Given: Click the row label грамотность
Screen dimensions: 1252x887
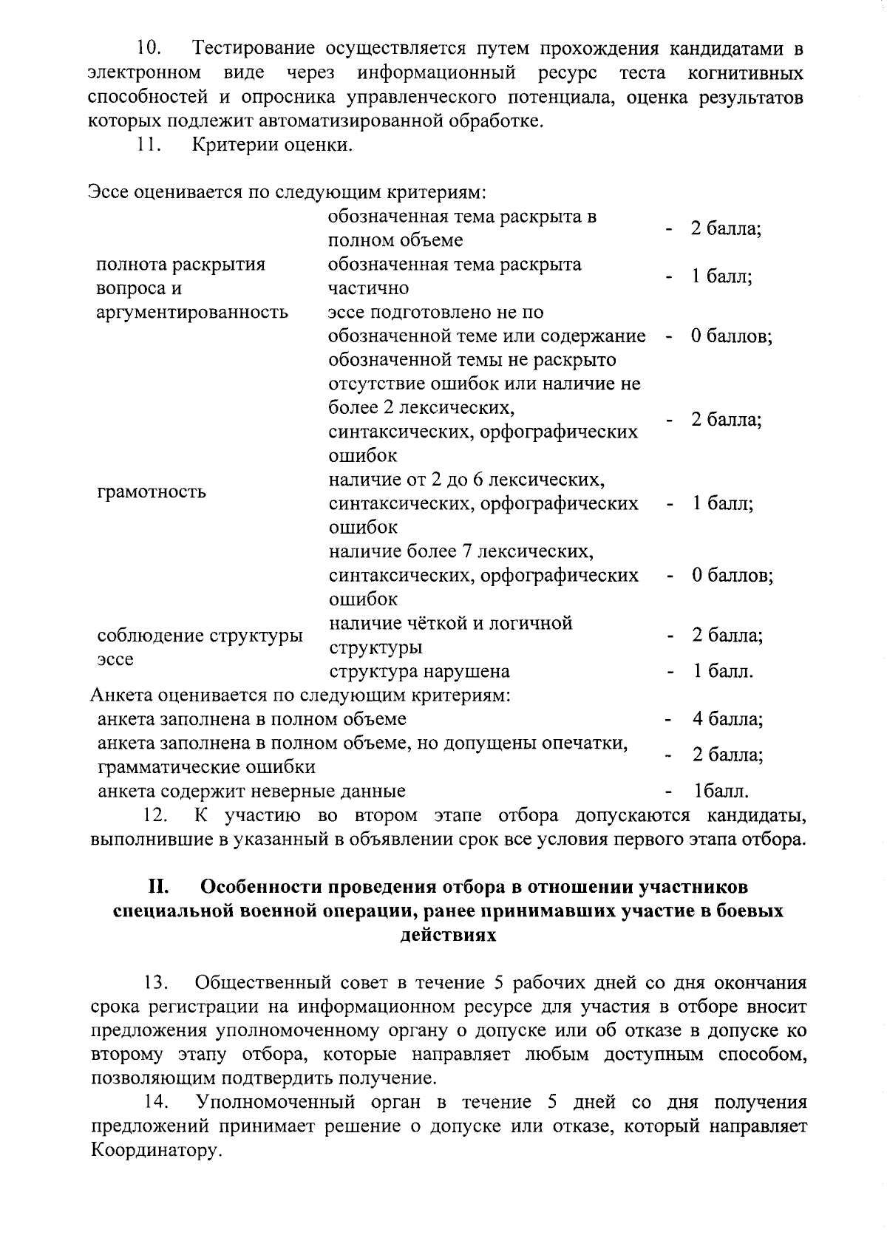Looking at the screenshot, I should point(152,491).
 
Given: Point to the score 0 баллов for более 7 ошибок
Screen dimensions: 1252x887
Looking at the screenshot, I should point(732,575).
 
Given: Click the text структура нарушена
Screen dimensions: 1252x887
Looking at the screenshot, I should point(419,672).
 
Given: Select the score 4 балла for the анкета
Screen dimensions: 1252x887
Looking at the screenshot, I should point(727,719).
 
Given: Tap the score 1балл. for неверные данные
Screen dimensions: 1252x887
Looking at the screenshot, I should point(721,791).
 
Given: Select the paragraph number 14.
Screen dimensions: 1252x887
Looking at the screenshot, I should point(156,1102).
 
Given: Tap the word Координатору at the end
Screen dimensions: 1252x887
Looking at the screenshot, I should point(155,1151).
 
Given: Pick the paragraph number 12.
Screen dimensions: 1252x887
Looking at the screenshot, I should point(156,815).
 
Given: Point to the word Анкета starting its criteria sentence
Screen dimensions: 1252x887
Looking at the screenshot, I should point(121,695).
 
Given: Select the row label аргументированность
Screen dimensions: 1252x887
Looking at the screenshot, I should point(192,312).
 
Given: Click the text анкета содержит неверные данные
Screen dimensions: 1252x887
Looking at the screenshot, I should point(251,791).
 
